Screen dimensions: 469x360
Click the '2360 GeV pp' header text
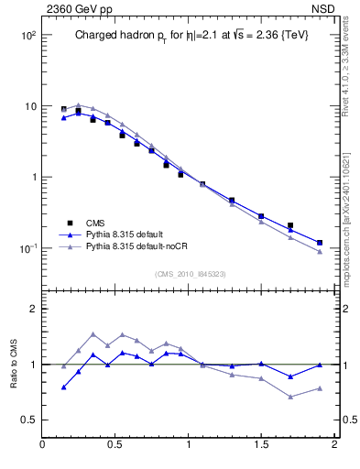(x=76, y=10)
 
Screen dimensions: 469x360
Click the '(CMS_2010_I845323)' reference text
(x=190, y=274)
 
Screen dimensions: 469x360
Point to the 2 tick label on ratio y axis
(x=31, y=310)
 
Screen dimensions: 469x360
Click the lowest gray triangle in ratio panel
(x=290, y=397)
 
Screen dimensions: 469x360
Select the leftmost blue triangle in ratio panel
(x=64, y=387)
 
